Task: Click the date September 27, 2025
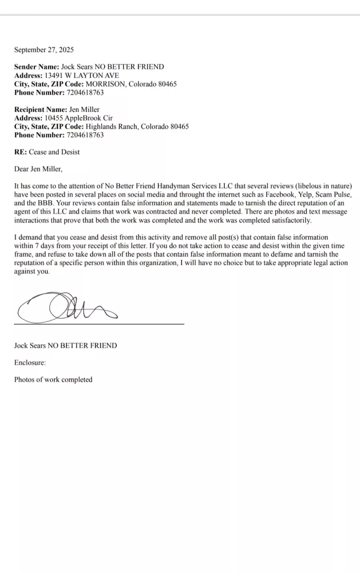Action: tap(44, 50)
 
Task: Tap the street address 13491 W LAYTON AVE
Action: tap(82, 75)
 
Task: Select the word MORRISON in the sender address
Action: tap(106, 84)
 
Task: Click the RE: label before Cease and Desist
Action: tap(20, 152)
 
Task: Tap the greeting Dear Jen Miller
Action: tap(38, 169)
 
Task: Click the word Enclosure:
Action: tap(30, 363)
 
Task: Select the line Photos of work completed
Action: tap(53, 379)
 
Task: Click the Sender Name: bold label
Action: tap(36, 67)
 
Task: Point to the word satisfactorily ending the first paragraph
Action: tap(291, 220)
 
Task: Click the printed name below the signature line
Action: tap(66, 345)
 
